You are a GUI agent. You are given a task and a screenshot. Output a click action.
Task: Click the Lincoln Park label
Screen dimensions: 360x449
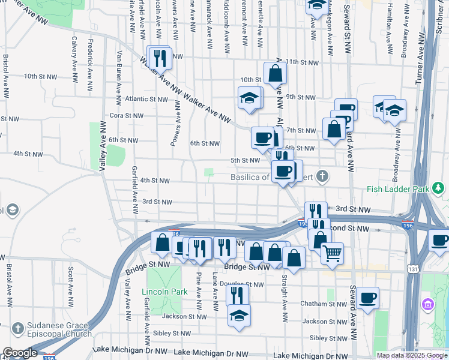161,292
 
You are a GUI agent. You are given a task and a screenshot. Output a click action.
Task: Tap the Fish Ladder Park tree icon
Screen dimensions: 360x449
440,188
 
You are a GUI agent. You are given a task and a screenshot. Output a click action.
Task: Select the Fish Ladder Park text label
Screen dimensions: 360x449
398,189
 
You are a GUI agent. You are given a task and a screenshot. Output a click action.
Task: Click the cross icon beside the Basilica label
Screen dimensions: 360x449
323,176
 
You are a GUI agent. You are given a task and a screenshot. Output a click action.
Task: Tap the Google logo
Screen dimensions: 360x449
20,353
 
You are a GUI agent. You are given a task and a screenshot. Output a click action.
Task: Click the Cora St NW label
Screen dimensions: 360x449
126,116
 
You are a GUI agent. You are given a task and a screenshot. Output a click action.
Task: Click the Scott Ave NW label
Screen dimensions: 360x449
71,284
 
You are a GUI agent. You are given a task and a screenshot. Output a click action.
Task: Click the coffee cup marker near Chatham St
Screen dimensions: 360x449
367,297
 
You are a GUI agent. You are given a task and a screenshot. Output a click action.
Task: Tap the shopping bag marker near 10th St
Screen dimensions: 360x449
275,73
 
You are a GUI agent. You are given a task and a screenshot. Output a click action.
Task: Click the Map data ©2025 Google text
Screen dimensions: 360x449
411,355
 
